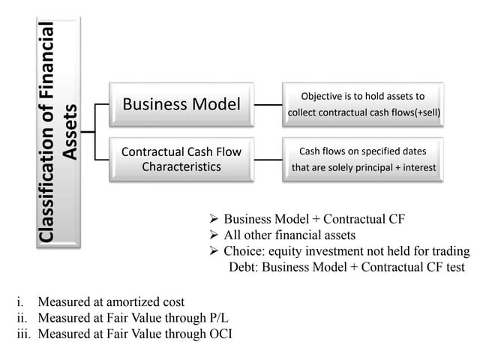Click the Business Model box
click(x=182, y=103)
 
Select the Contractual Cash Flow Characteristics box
click(x=182, y=158)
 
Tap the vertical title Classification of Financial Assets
click(x=58, y=132)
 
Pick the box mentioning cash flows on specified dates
click(x=362, y=159)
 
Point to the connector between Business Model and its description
click(x=268, y=103)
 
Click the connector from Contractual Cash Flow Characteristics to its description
click(x=268, y=159)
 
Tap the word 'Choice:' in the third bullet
click(x=244, y=250)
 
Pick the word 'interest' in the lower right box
click(x=416, y=167)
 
